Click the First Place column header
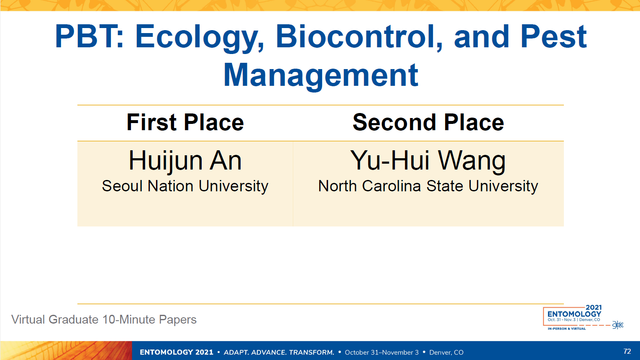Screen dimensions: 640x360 [185, 122]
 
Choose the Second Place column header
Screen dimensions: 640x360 [428, 122]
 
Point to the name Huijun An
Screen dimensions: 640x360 [185, 161]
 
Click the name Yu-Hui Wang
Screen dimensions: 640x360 [428, 162]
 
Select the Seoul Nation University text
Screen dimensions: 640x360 [185, 186]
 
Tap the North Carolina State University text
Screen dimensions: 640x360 [428, 186]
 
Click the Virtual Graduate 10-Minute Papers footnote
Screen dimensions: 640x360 [104, 320]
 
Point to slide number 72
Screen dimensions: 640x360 [627, 351]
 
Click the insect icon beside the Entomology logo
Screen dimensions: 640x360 [618, 325]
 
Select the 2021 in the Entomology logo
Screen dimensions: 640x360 [594, 307]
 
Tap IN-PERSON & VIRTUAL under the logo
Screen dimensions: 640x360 [566, 329]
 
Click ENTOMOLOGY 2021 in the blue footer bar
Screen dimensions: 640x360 [176, 352]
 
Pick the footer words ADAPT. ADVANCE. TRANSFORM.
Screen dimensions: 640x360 [279, 352]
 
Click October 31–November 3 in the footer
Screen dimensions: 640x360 [382, 352]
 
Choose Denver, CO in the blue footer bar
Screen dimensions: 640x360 [446, 352]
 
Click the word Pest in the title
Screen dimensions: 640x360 [553, 36]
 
